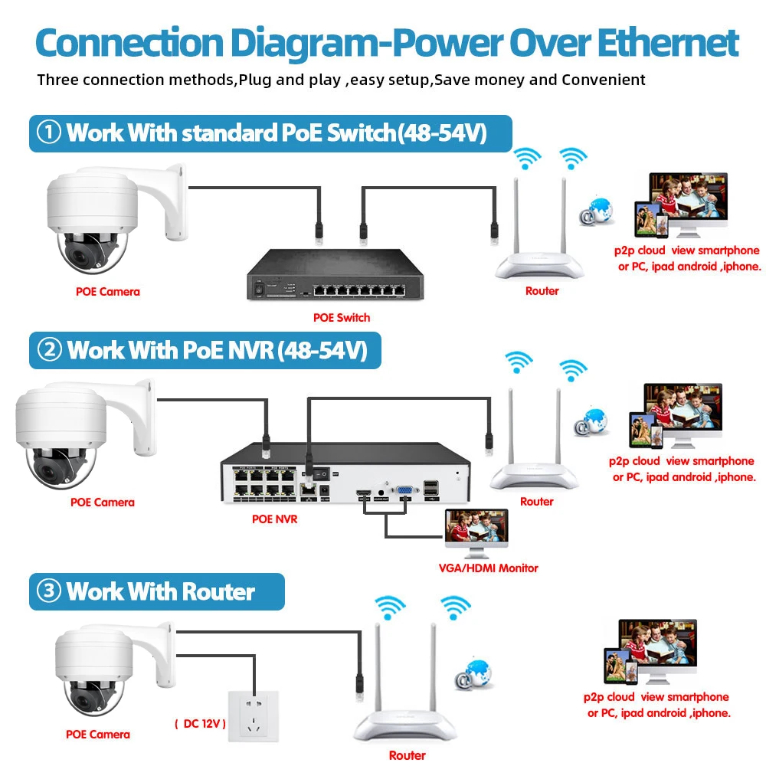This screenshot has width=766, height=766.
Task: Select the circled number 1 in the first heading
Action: [49, 133]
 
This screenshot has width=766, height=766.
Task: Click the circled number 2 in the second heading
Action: [50, 350]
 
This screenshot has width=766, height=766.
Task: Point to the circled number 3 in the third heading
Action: [49, 591]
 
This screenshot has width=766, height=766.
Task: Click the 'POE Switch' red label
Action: [342, 317]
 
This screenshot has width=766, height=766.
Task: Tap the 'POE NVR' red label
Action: [274, 519]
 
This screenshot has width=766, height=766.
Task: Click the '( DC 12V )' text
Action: [199, 723]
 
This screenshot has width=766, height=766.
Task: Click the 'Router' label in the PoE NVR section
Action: [536, 502]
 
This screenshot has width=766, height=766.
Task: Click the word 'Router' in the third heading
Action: [218, 591]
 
